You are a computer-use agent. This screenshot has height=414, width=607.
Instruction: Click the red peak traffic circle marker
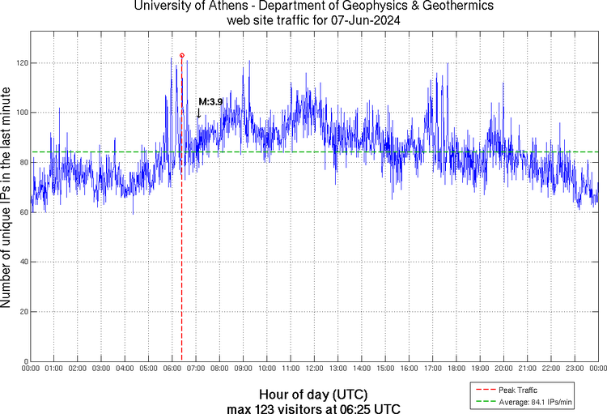pyautogui.click(x=181, y=55)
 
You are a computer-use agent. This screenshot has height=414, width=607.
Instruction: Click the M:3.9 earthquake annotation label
pyautogui.click(x=210, y=101)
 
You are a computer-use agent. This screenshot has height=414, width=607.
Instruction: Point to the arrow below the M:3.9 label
pyautogui.click(x=198, y=113)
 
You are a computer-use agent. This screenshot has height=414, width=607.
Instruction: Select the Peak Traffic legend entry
pyautogui.click(x=517, y=391)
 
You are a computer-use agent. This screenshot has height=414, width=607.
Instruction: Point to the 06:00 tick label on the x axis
pyautogui.click(x=172, y=369)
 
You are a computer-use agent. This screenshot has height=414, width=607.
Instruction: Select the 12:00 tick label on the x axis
pyautogui.click(x=314, y=369)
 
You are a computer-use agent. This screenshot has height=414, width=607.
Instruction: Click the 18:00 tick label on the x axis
pyautogui.click(x=456, y=369)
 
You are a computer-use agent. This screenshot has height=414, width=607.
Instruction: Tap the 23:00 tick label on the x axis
pyautogui.click(x=574, y=369)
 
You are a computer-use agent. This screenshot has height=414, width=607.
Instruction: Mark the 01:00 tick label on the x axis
pyautogui.click(x=54, y=369)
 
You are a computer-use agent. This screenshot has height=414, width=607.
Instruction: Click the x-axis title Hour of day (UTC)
pyautogui.click(x=314, y=395)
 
